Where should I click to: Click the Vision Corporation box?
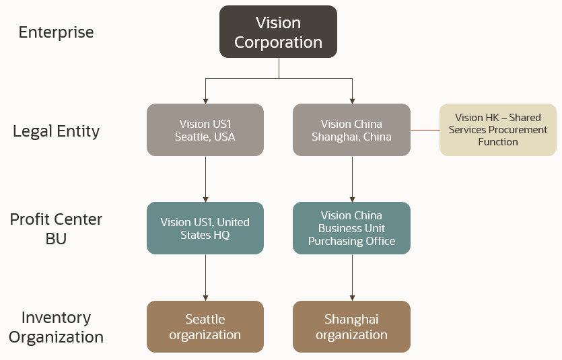[x=278, y=32]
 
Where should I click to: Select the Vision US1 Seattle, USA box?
[x=205, y=130]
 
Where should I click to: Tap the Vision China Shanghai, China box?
[x=351, y=130]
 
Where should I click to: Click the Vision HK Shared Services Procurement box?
[x=498, y=130]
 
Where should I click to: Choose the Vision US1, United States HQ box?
[x=205, y=228]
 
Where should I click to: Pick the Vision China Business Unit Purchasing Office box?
[x=351, y=228]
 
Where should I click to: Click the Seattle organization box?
[x=205, y=327]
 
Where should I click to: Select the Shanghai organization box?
[x=351, y=327]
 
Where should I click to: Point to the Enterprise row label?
[x=56, y=32]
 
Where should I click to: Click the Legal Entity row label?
[x=56, y=131]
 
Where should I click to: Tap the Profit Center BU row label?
[x=56, y=229]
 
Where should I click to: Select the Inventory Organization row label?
[x=56, y=326]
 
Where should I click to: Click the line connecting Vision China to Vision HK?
[x=425, y=130]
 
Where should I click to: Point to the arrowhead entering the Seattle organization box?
[x=205, y=297]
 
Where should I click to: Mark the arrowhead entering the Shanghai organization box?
[x=351, y=297]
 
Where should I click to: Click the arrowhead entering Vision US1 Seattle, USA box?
[x=205, y=100]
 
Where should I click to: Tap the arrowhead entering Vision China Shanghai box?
[x=351, y=100]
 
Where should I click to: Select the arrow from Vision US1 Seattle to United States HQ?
[x=205, y=178]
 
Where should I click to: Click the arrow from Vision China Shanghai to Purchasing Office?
[x=351, y=178]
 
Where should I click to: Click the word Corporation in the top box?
[x=278, y=42]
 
